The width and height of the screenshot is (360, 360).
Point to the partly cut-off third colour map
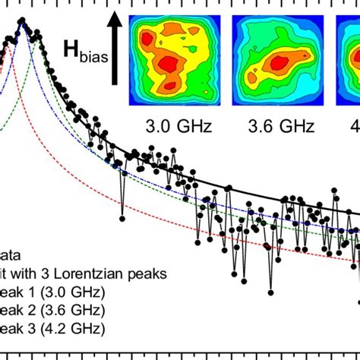click(x=349, y=58)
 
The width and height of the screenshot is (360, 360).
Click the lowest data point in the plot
click(x=269, y=291)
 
